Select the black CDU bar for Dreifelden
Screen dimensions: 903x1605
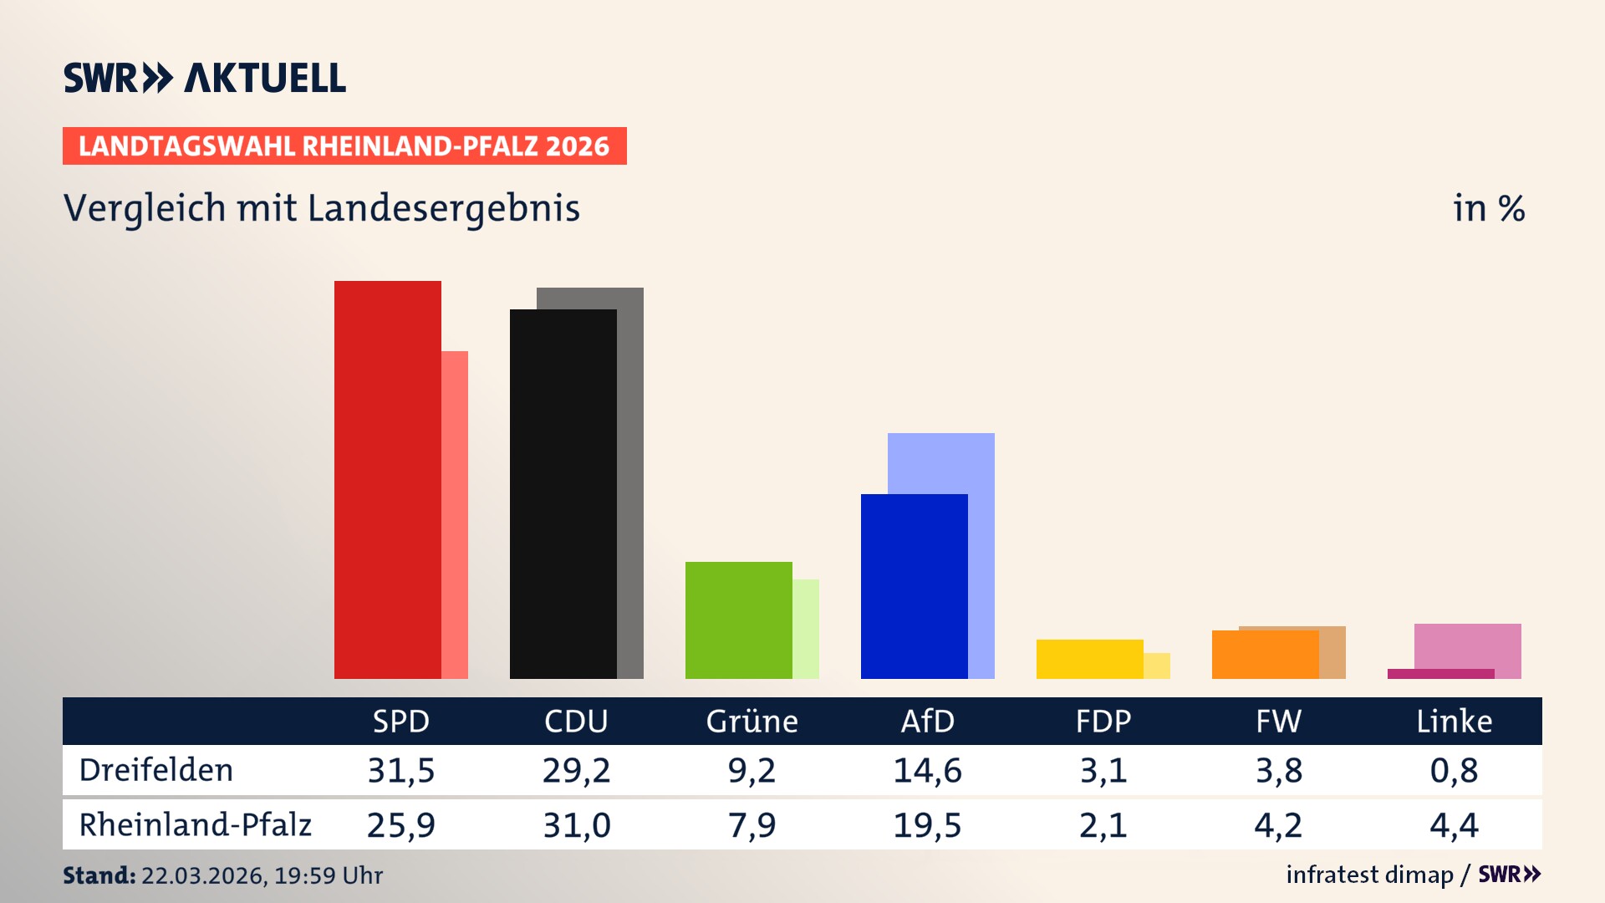(563, 493)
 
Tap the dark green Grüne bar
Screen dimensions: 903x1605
(738, 620)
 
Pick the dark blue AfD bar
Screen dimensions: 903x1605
(914, 586)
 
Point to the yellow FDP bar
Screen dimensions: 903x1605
(1089, 659)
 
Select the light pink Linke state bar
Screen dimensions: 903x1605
(1468, 645)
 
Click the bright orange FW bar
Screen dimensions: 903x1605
(1265, 655)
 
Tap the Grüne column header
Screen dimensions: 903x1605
(752, 722)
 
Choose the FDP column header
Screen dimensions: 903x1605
(1103, 722)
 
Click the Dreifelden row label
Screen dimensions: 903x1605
(156, 770)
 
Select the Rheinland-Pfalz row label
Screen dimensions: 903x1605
(195, 825)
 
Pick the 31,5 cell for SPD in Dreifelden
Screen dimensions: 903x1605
(401, 770)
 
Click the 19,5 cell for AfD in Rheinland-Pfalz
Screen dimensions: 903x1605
(927, 825)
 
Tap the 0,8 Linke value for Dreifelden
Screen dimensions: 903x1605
(1454, 770)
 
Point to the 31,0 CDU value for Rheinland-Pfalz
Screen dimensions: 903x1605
(577, 825)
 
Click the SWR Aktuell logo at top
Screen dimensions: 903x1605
(205, 78)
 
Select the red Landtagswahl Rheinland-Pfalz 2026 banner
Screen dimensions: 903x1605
(344, 146)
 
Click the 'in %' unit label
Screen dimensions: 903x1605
(1489, 208)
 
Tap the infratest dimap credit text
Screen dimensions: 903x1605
(1369, 875)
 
